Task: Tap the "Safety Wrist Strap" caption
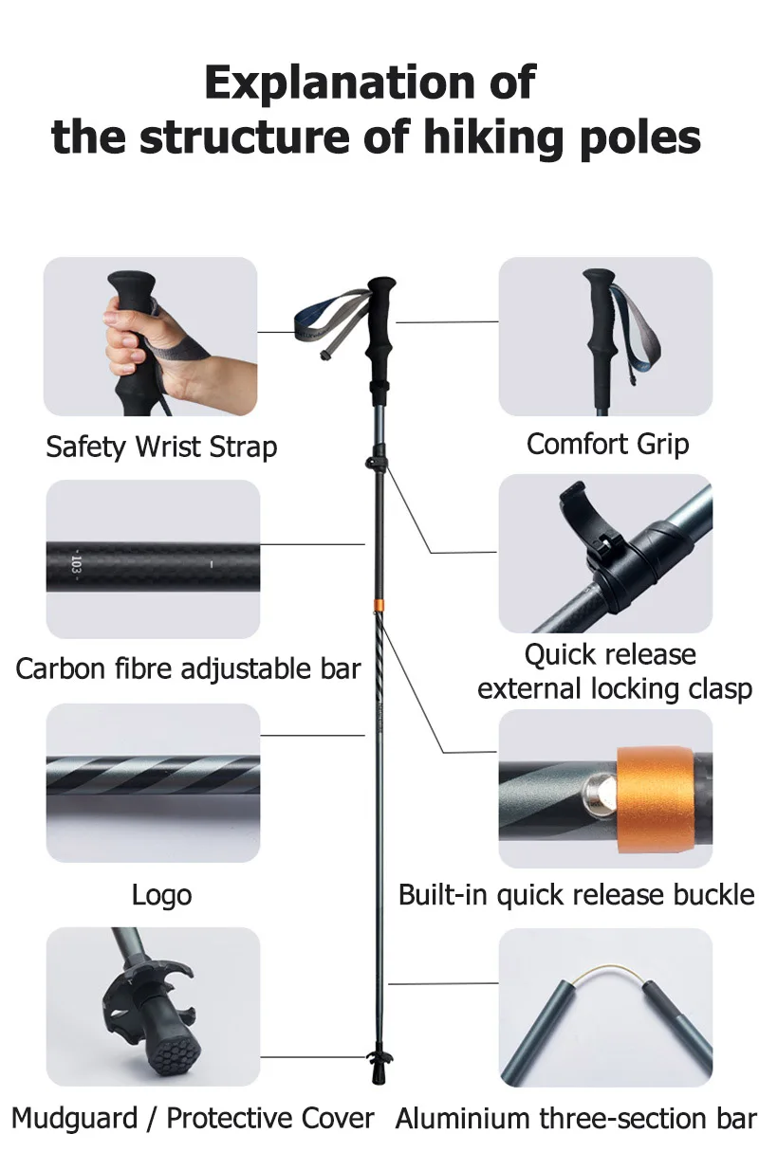click(161, 447)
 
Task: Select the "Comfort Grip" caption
click(607, 444)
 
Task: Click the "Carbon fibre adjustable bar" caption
click(188, 668)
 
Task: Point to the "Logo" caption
click(161, 894)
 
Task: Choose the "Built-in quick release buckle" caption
click(576, 894)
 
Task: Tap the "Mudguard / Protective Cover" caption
click(193, 1118)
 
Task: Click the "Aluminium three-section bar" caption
click(576, 1118)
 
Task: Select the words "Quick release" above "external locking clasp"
click(610, 654)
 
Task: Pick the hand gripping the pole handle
click(129, 341)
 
